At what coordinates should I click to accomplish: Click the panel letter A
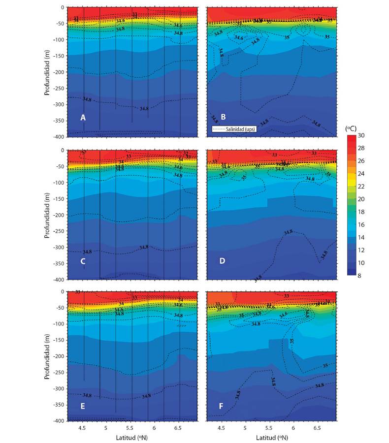pos(83,118)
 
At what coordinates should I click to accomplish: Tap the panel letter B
pos(223,117)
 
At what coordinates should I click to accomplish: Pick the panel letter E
pos(83,406)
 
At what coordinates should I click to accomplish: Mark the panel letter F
pos(223,406)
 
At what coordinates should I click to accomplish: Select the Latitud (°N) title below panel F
pos(270,437)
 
